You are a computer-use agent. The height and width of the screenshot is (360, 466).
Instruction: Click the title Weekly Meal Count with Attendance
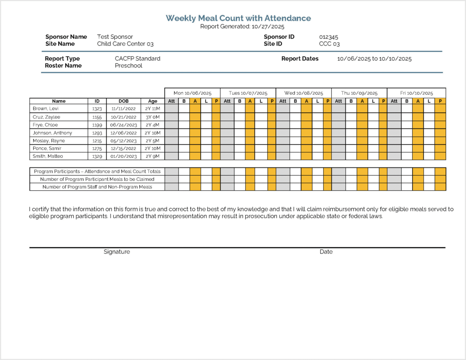pos(238,18)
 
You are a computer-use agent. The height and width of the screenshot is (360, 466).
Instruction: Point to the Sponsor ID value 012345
pos(329,37)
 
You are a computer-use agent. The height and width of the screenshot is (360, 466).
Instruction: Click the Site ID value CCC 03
pos(329,44)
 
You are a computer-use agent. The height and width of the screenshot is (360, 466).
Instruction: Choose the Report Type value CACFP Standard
pos(137,58)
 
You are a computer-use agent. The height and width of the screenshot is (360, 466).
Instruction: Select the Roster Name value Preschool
pos(128,66)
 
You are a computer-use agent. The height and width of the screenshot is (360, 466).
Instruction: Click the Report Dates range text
pos(374,59)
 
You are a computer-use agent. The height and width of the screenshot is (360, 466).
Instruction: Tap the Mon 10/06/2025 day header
pos(192,93)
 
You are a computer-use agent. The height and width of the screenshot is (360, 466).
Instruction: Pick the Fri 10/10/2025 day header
pos(416,93)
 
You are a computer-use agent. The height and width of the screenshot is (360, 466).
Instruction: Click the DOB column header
pos(123,101)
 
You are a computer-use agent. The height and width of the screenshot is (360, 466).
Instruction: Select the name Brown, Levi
pos(46,109)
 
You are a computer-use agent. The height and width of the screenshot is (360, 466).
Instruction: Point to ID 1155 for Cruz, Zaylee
pos(97,117)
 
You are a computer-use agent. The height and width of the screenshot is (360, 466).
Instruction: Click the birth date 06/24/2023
pos(123,125)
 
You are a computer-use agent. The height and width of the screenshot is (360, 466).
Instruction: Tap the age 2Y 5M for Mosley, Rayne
pos(152,141)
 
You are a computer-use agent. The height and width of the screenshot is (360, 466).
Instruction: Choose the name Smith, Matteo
pos(48,156)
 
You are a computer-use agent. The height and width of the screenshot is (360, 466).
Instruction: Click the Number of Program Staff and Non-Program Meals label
pos(97,187)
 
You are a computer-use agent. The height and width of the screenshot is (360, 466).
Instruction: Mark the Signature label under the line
pos(116,252)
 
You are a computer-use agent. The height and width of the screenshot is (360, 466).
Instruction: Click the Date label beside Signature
pos(326,252)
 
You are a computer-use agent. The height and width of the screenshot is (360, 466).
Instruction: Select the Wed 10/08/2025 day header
pos(304,93)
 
